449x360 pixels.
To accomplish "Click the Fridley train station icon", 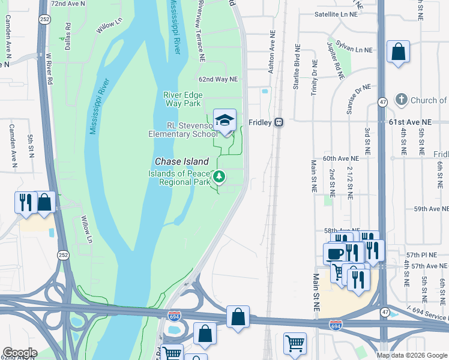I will pos(279,122).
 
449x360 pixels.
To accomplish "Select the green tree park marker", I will pos(220,176).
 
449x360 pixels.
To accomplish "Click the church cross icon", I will pos(402,99).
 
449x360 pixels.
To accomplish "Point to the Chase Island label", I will pos(182,161).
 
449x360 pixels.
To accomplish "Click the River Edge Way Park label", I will pos(183,99).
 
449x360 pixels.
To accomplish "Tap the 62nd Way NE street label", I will pos(218,79).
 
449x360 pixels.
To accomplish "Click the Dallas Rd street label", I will pos(68,35).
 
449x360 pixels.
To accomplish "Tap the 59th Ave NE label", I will pos(430,209).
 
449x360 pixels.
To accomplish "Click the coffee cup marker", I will pos(334,253).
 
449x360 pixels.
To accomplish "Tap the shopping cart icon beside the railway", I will pos(295,343).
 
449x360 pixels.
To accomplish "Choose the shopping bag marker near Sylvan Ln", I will pos(398,52).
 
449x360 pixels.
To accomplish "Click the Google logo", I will pos(20,353).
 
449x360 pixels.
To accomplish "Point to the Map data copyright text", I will pos(412,355).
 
